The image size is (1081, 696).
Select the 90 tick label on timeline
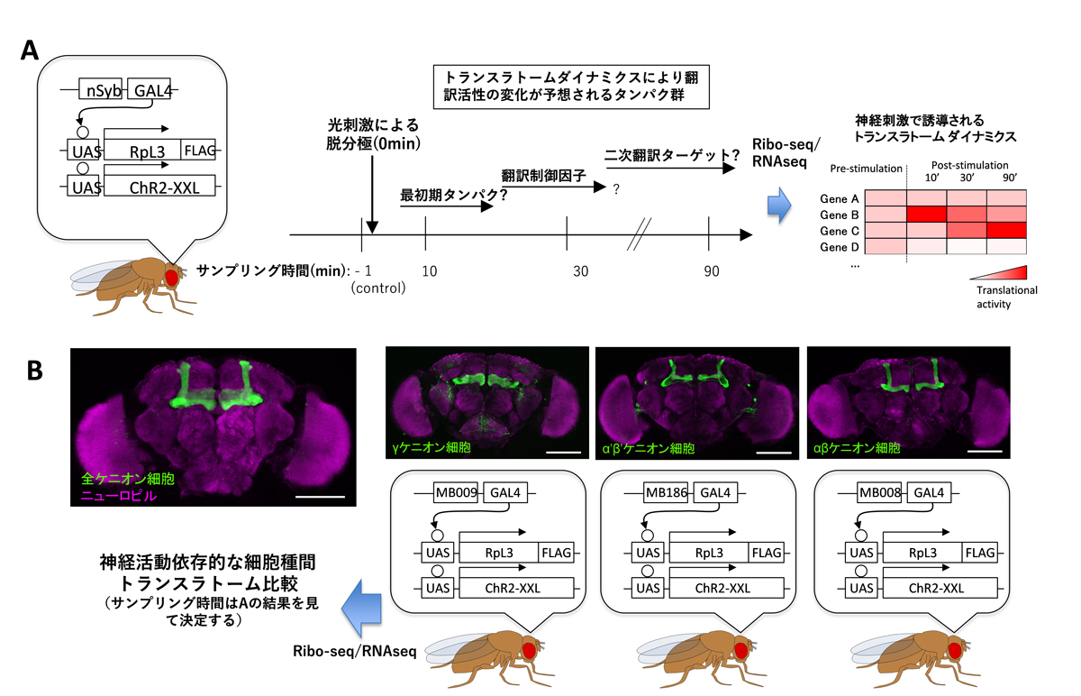tap(711, 271)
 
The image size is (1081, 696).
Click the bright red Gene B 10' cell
tap(935, 214)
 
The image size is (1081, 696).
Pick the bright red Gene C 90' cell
tap(1007, 230)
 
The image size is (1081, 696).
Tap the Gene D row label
tap(840, 247)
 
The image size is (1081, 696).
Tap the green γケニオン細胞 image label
tap(429, 448)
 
